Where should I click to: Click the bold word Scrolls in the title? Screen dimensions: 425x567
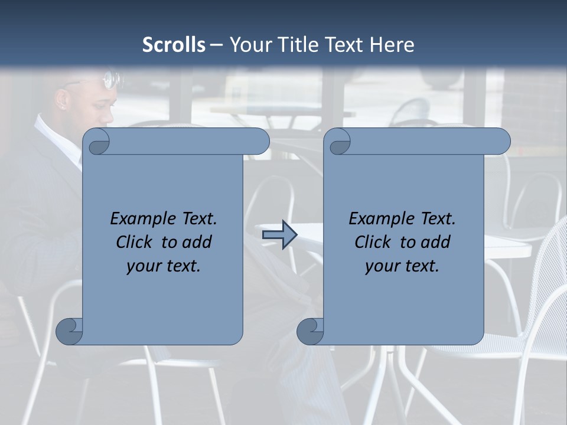point(174,45)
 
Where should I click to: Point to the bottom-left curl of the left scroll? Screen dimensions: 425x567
point(70,331)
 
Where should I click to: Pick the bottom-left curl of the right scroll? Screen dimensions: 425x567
point(311,331)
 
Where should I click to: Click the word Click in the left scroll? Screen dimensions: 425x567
point(135,242)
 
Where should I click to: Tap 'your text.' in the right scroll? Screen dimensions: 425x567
point(402,266)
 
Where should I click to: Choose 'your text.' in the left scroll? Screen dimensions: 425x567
point(164,266)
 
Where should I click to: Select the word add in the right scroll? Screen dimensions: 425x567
point(436,242)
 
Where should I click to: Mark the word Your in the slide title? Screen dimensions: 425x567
point(248,45)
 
